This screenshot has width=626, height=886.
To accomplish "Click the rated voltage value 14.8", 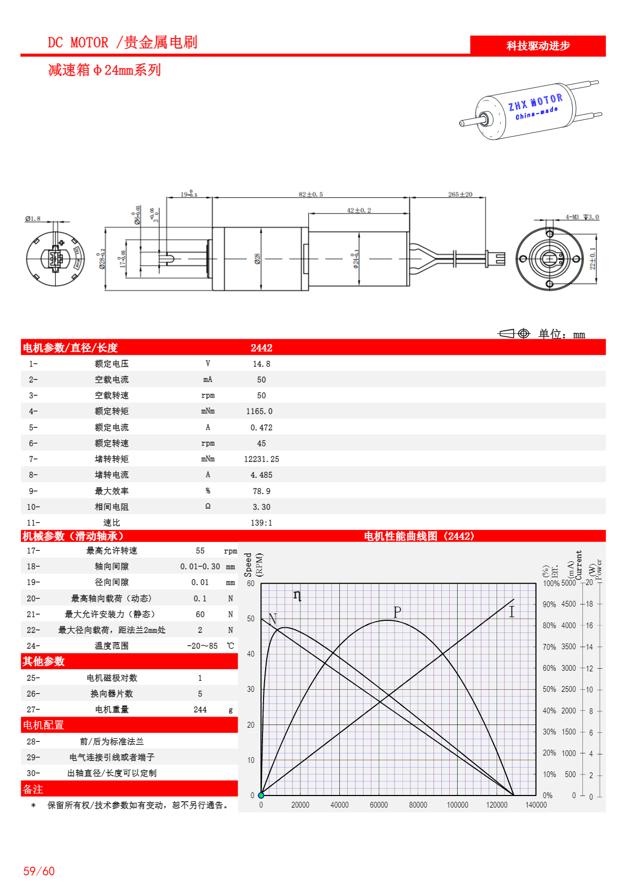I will tap(261, 364).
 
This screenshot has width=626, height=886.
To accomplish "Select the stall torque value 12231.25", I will tap(261, 459).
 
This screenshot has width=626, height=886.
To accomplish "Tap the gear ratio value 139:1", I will tap(261, 523).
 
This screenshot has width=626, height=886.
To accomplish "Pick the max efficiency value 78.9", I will tap(261, 491).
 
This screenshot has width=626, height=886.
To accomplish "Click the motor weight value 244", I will tap(200, 710).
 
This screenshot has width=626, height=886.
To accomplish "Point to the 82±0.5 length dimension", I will tap(311, 195).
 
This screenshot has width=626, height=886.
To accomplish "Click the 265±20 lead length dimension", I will tap(460, 195).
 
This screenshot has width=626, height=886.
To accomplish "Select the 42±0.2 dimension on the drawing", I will tap(359, 210).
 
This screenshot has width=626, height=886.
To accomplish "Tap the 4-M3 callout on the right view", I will tap(572, 217).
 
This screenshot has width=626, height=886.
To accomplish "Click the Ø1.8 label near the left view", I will tap(33, 218).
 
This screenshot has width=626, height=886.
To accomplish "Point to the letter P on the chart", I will tap(397, 612).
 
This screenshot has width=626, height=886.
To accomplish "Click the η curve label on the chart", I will tap(297, 596).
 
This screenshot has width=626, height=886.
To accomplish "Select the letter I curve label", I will tap(511, 612).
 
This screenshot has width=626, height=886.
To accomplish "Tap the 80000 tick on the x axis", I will tap(418, 805).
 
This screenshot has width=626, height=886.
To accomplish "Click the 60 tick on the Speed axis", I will tap(251, 583).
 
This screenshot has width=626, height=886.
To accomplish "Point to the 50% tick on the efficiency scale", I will tap(549, 689).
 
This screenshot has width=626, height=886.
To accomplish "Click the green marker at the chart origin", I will tap(261, 795).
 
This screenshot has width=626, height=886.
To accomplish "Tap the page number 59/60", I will tap(39, 871).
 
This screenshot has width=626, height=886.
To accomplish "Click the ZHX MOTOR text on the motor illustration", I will tap(535, 102).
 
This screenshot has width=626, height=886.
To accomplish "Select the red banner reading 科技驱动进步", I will tap(538, 46).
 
